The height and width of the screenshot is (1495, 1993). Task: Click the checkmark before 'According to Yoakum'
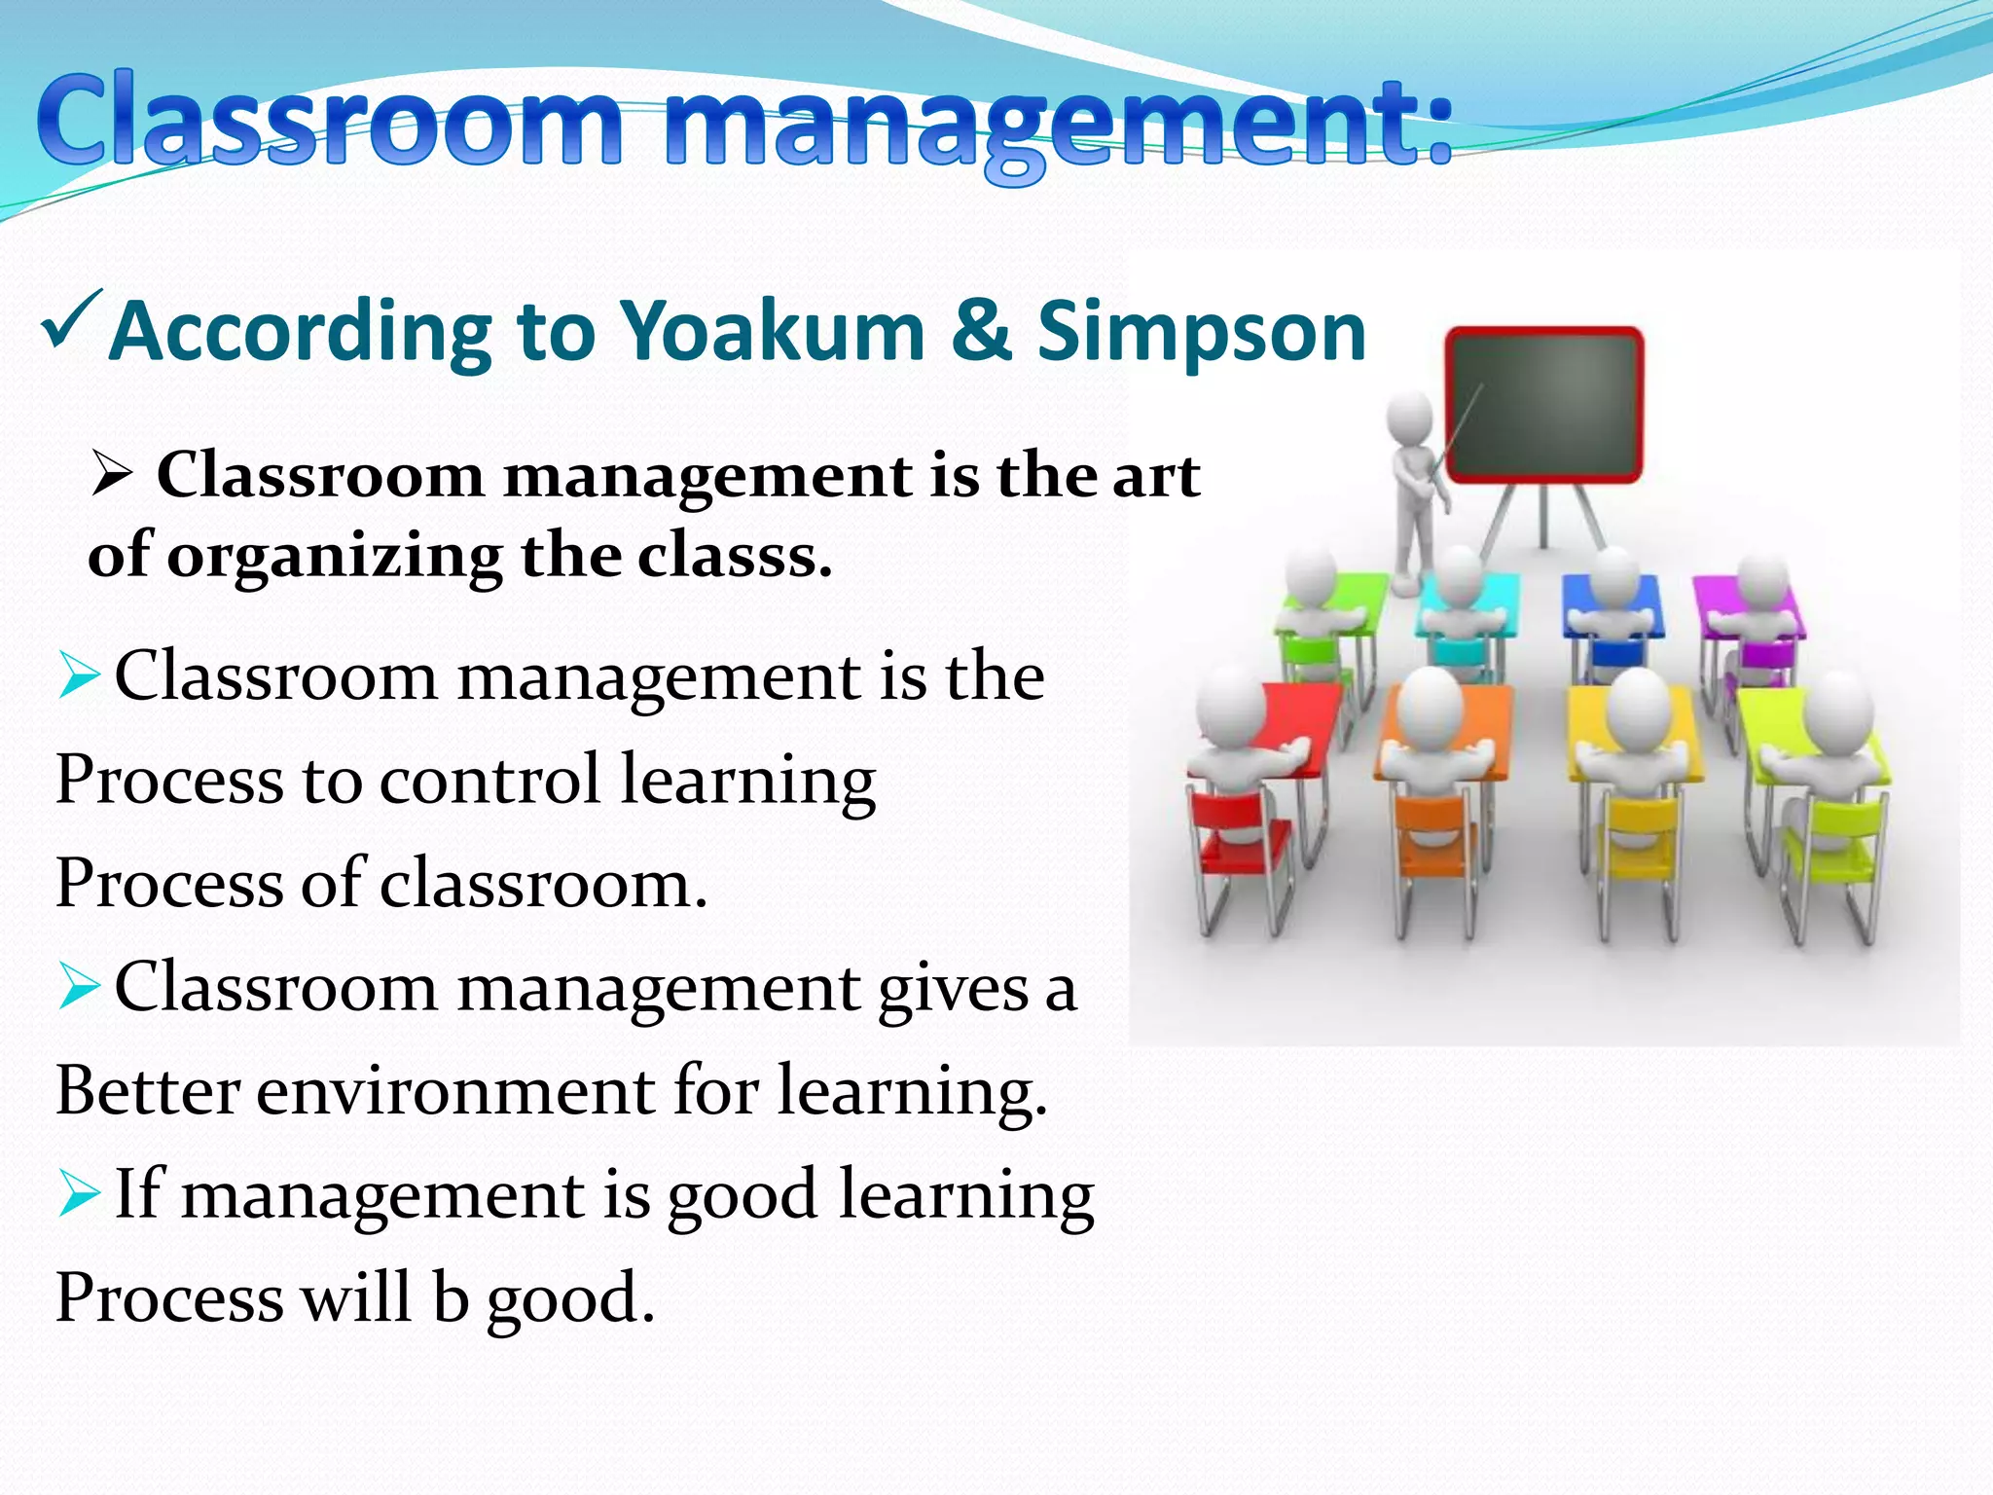[72, 321]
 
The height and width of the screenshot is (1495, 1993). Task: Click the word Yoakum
[773, 332]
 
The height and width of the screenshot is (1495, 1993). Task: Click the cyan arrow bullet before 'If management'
[78, 1194]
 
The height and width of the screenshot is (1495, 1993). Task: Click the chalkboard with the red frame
[1543, 404]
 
